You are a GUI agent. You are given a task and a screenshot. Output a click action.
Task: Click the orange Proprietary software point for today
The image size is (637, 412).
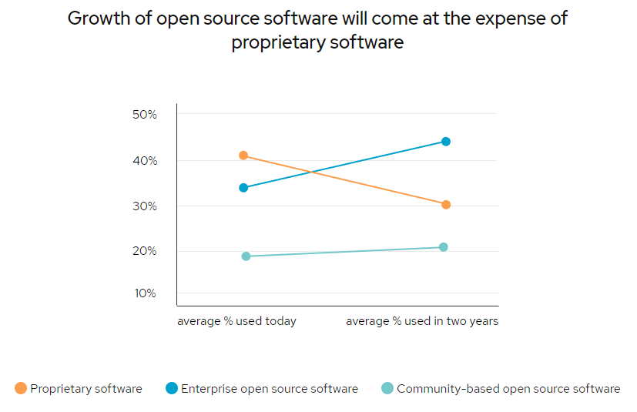(x=243, y=156)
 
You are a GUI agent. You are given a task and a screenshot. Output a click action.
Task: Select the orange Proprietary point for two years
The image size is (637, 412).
(x=446, y=205)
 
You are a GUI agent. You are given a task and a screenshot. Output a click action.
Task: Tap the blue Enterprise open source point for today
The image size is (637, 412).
(x=243, y=187)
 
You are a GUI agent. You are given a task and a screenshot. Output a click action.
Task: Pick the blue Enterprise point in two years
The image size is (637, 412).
(x=446, y=142)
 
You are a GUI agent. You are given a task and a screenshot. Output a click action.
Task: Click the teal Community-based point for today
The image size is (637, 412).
(x=246, y=256)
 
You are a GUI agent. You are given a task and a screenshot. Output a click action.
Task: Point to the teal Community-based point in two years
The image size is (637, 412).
(x=444, y=247)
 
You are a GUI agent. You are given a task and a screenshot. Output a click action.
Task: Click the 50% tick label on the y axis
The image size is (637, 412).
(x=144, y=115)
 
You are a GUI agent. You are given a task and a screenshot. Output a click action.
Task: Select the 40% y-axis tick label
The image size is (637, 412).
(x=144, y=161)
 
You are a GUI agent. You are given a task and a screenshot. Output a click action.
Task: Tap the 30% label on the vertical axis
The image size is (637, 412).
(x=144, y=206)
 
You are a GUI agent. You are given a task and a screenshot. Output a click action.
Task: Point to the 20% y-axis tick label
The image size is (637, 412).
(x=144, y=251)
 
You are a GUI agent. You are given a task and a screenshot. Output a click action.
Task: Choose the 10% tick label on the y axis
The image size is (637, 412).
(x=144, y=293)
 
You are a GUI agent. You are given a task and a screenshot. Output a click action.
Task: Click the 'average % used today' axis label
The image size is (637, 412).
(x=236, y=321)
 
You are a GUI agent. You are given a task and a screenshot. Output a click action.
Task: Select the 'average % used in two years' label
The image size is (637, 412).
(x=422, y=321)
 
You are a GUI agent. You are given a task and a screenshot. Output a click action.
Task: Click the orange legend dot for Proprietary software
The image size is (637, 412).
(x=21, y=389)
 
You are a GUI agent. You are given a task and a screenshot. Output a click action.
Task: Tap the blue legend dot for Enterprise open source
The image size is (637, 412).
(x=172, y=389)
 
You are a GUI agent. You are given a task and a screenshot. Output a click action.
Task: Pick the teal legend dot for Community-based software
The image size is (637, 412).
(x=387, y=389)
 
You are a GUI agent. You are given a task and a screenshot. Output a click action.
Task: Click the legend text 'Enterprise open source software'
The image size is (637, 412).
(x=270, y=389)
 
